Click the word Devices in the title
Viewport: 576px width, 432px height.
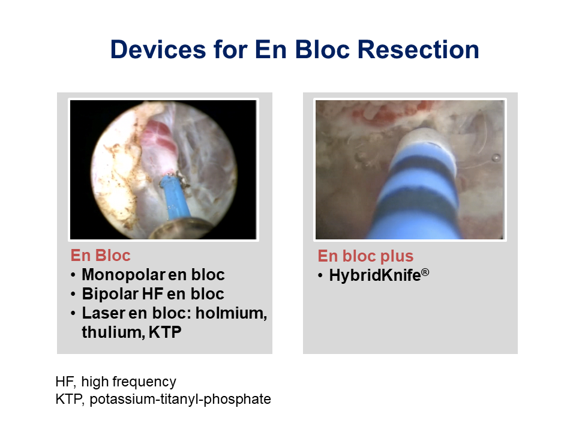158,50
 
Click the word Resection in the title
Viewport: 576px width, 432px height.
418,50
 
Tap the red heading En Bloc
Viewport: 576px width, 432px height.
100,256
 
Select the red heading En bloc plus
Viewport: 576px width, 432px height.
365,256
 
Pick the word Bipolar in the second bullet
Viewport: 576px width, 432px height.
110,294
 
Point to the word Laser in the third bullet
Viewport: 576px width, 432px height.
103,313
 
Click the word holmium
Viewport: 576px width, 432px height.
231,313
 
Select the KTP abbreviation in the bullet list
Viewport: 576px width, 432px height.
165,332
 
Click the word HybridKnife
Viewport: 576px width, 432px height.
374,275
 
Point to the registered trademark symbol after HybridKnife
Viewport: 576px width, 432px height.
425,272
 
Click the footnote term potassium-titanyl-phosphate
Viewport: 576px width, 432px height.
180,400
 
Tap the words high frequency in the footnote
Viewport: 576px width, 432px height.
128,382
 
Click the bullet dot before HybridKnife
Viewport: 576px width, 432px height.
320,275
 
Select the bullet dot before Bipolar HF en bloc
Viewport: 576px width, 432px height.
73,295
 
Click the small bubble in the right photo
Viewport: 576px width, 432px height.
496,158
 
